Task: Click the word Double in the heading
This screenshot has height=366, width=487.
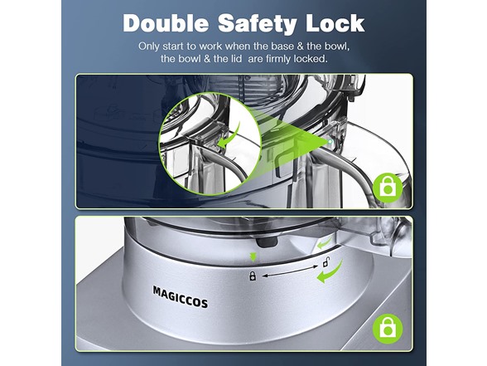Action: click(x=166, y=23)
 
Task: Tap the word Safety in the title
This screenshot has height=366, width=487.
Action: click(x=258, y=24)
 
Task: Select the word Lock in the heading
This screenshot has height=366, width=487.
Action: click(x=335, y=23)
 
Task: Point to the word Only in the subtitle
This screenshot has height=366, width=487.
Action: click(x=149, y=46)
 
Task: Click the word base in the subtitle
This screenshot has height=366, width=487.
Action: click(x=282, y=46)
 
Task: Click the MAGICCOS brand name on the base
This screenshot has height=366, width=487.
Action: click(x=181, y=297)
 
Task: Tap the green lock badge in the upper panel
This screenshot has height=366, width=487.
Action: click(x=388, y=188)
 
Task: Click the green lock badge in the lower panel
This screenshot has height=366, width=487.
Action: click(x=388, y=329)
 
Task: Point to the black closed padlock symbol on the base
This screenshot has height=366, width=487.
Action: click(x=253, y=276)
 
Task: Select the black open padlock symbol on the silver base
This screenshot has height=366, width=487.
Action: click(x=325, y=262)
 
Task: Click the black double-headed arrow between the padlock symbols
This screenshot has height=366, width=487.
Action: click(x=290, y=271)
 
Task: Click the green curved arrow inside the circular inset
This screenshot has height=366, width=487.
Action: click(x=230, y=136)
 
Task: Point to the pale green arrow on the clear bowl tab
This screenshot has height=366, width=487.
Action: click(x=325, y=242)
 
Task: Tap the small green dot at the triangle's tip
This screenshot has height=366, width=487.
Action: click(x=330, y=142)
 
